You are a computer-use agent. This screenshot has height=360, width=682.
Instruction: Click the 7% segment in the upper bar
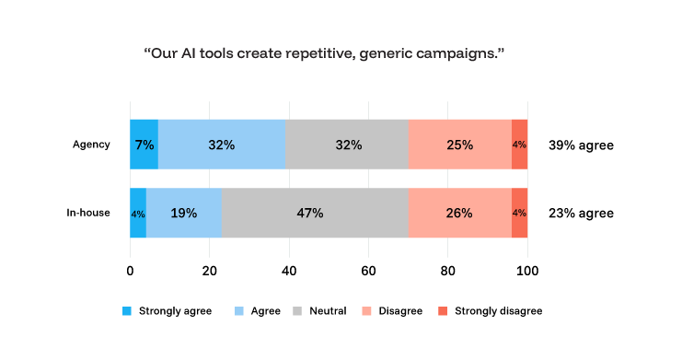[144, 145]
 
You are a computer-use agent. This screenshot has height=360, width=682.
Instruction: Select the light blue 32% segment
[221, 145]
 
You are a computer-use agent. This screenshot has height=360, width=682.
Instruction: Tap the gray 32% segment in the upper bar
[347, 145]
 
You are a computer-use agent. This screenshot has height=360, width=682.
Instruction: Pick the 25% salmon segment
[459, 145]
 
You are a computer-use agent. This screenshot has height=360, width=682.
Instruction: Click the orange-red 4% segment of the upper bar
[520, 145]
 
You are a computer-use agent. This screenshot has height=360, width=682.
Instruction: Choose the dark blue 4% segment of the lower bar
[138, 213]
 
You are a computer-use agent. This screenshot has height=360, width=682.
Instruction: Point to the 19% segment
[183, 213]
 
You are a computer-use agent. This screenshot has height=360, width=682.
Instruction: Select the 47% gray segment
[314, 213]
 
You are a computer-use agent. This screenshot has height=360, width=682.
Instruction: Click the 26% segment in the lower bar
[459, 213]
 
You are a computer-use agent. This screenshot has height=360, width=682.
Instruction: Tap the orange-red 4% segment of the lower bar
[520, 213]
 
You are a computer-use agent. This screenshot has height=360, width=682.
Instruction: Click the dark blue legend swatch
[127, 311]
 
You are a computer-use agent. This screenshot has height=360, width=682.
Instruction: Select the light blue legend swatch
[239, 311]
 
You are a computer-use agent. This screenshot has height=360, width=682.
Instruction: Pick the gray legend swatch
[297, 311]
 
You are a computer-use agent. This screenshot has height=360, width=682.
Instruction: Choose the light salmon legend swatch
[366, 311]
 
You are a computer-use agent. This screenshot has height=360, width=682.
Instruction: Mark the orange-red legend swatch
[442, 311]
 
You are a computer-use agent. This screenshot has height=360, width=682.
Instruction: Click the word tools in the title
[231, 54]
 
